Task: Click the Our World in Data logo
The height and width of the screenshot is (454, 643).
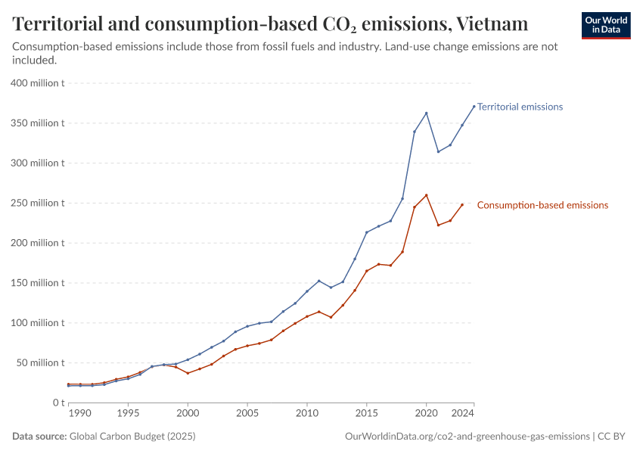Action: click(x=605, y=25)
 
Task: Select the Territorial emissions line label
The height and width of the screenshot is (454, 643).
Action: click(x=520, y=107)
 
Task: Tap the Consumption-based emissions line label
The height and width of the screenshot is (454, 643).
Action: click(x=542, y=205)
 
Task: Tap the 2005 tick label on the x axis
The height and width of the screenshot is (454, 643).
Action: click(x=247, y=414)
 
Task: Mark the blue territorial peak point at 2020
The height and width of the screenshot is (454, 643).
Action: click(x=427, y=113)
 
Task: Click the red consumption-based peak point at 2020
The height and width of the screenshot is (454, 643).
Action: click(x=427, y=195)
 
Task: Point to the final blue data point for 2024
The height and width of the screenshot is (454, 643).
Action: click(x=474, y=107)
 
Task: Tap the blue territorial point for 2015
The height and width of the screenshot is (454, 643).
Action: click(x=367, y=232)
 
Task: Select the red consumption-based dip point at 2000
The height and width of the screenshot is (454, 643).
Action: click(x=188, y=373)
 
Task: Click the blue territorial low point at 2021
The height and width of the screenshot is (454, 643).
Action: click(x=438, y=151)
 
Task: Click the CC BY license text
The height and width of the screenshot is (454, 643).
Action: click(x=613, y=437)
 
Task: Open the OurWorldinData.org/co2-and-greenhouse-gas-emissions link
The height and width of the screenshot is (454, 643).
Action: click(x=467, y=437)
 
